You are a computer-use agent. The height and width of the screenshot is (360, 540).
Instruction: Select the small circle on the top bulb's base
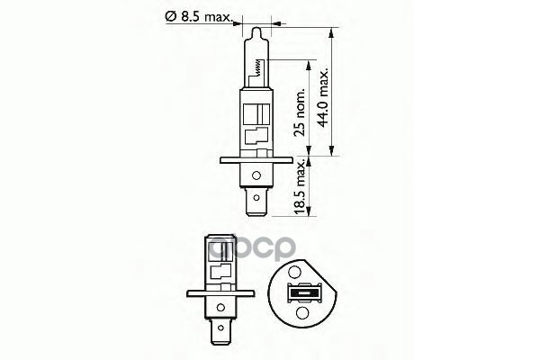[258, 175]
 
